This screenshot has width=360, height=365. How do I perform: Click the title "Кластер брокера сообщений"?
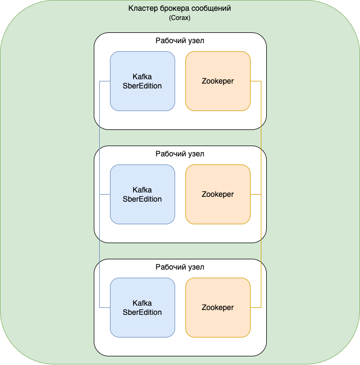coord(179,9)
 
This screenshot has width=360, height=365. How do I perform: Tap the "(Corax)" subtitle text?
coord(179,18)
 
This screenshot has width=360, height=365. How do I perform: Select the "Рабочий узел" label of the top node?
coord(180,40)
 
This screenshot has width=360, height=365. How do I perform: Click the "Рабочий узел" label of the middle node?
coord(180,154)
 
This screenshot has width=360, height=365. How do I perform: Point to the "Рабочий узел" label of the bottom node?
coord(180,267)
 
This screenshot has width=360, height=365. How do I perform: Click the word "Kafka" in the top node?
coord(142,77)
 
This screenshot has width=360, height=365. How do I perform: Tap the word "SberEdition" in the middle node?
coord(142,199)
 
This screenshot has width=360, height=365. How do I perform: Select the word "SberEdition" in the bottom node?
coord(142,312)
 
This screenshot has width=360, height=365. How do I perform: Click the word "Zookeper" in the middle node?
coord(218,194)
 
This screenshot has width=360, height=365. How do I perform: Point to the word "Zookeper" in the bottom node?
coord(218,307)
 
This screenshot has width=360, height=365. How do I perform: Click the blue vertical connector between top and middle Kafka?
coord(100,137)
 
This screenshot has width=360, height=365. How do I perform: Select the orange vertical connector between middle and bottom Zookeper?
coord(261,251)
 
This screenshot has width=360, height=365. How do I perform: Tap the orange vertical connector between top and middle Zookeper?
coord(261,137)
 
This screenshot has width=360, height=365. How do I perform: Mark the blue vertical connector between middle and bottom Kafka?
coord(100,251)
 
